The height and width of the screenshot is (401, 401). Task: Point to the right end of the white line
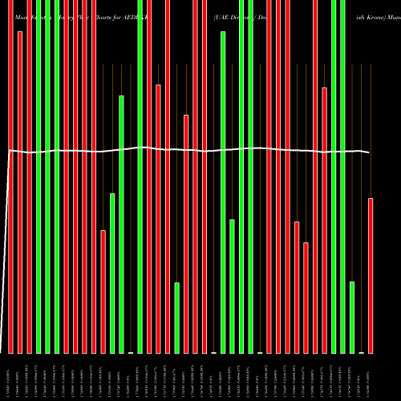(369, 152)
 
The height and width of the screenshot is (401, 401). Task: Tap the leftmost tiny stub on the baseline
(131, 352)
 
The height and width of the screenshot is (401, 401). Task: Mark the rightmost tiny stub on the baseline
(361, 352)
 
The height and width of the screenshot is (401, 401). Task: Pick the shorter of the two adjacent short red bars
(306, 297)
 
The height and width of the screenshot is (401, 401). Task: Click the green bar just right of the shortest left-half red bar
(112, 273)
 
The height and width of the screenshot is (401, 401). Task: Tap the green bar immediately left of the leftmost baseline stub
(122, 224)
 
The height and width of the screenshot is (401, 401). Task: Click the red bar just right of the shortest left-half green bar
(186, 233)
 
